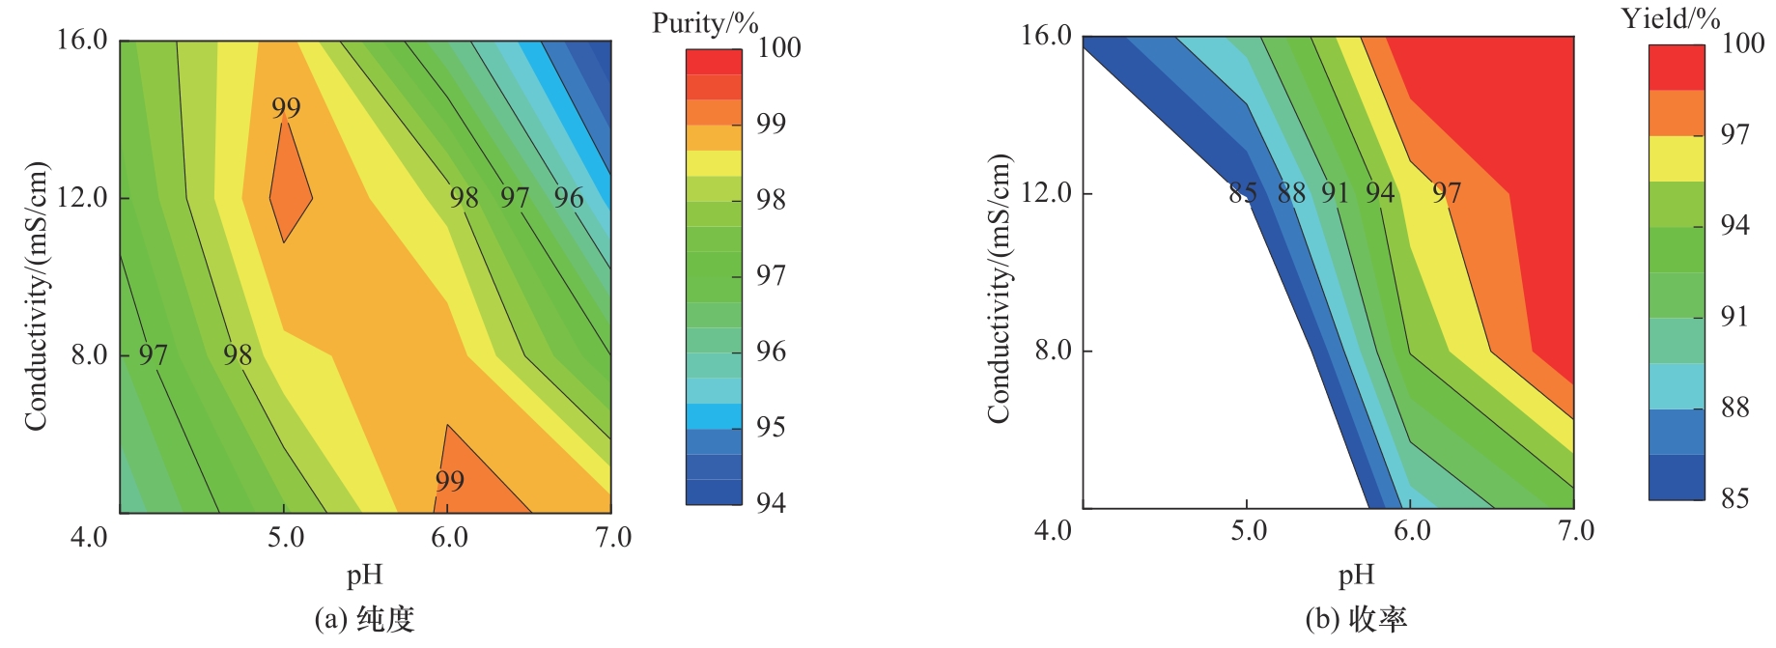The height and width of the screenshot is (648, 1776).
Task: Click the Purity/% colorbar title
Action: coord(704,23)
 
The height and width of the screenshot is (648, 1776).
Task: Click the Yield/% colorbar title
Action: coord(1670,18)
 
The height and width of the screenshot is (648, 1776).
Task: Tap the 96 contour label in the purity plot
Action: coord(569,198)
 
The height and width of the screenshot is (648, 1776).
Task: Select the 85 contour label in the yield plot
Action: coord(1243,193)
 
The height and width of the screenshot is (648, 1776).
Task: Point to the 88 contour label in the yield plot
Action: coord(1291,193)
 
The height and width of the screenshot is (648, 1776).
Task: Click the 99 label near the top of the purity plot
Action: coord(286,108)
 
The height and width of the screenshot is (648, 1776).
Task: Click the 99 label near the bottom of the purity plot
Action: coord(449,481)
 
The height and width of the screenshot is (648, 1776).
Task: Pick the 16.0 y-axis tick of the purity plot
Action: coord(82,41)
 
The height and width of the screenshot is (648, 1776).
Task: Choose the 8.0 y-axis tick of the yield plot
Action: coord(1053,350)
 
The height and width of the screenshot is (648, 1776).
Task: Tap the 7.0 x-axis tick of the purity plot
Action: coord(613,537)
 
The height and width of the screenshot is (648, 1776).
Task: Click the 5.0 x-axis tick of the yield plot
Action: coord(1248,531)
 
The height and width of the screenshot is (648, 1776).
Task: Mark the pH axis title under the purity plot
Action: coord(365,576)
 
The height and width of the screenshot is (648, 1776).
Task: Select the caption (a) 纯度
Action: coord(365,619)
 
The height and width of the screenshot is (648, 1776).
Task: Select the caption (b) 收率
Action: coord(1356,619)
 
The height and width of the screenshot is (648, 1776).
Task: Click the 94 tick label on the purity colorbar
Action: coord(771,502)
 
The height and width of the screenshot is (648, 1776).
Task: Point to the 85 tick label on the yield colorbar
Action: coord(1734,498)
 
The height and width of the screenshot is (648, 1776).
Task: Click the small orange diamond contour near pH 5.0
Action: coord(289,188)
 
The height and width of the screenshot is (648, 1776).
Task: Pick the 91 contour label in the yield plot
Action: coord(1335,193)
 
